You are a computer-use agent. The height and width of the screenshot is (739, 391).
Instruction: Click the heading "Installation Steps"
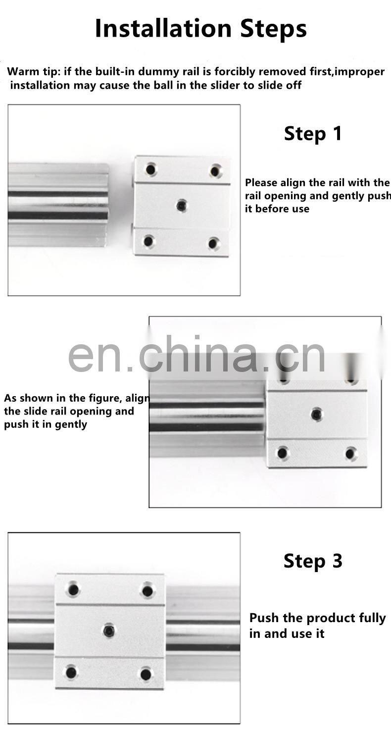tap(200, 28)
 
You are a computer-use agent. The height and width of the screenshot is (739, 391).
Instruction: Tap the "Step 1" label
tap(313, 134)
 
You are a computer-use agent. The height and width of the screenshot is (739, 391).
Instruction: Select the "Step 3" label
tap(313, 561)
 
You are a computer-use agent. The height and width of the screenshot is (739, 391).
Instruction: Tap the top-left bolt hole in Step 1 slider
tap(151, 170)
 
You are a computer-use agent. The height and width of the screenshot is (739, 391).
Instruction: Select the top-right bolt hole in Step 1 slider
tap(215, 171)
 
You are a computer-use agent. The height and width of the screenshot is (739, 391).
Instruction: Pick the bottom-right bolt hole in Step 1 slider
tap(213, 243)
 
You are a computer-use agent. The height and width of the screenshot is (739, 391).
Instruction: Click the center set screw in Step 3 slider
tap(109, 631)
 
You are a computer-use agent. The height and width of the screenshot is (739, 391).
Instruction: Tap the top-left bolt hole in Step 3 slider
tap(74, 589)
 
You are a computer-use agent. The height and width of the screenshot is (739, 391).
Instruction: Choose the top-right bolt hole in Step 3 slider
tap(147, 590)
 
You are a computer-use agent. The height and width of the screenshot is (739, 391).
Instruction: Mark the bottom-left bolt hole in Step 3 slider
tap(72, 672)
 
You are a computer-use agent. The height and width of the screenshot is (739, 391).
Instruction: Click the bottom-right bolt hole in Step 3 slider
tap(146, 674)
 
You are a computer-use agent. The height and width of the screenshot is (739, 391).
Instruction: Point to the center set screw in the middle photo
tap(317, 414)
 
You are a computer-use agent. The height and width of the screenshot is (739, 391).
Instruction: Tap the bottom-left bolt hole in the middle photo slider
tap(283, 452)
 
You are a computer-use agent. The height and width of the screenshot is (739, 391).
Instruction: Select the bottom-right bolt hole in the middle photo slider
tap(351, 453)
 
